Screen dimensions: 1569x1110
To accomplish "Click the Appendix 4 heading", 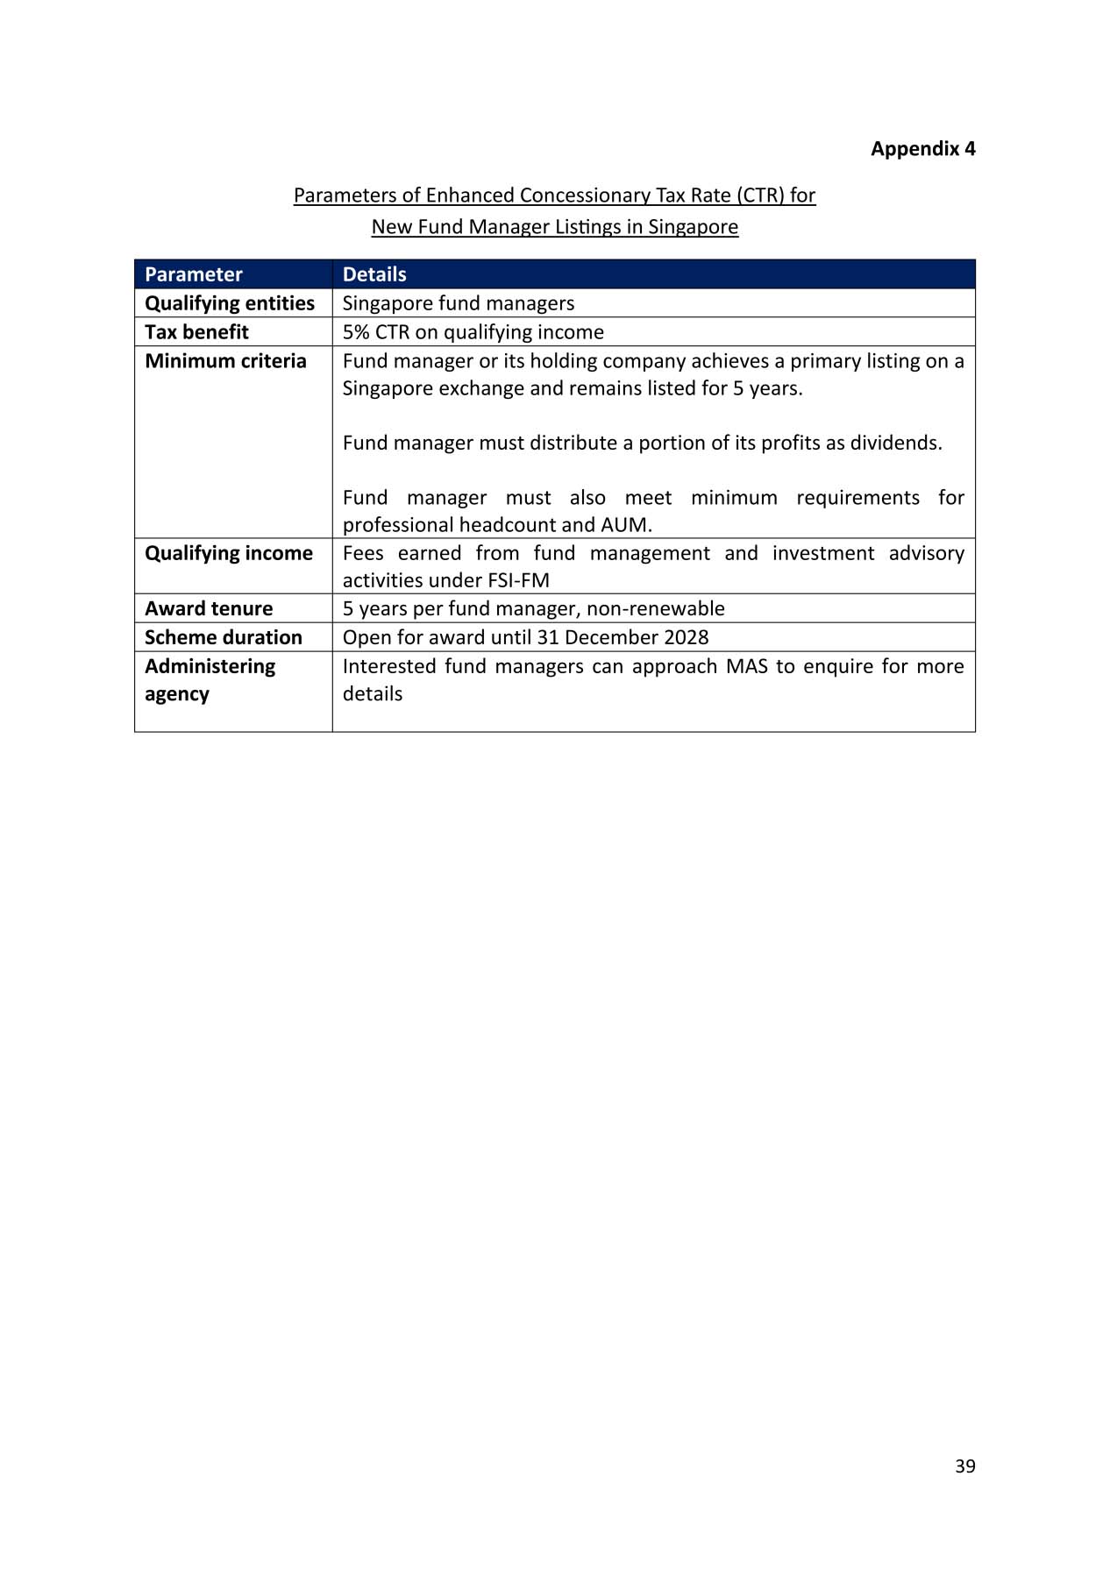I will click(x=922, y=148).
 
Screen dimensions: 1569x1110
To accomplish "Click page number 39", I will click(x=964, y=1466).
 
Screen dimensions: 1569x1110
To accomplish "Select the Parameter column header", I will click(x=193, y=274).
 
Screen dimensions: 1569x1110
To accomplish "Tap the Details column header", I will click(x=374, y=274).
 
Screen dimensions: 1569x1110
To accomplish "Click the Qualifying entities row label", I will click(x=229, y=303).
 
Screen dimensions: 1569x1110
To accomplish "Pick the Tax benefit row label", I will click(x=196, y=332).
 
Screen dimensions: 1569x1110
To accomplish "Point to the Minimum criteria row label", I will click(x=225, y=361).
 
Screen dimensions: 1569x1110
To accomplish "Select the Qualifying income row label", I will click(x=228, y=553).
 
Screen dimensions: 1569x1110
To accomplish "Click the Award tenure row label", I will click(x=209, y=608).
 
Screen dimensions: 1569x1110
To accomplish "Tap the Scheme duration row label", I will click(x=223, y=637).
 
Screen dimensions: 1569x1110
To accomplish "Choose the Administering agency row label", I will click(x=210, y=679).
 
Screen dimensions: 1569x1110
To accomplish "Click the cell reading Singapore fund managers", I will click(x=458, y=303).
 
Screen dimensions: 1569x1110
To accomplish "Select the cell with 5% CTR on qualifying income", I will click(x=473, y=332).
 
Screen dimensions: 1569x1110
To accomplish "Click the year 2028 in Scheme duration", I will click(x=687, y=637).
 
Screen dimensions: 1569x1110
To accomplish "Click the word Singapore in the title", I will click(x=693, y=227).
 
